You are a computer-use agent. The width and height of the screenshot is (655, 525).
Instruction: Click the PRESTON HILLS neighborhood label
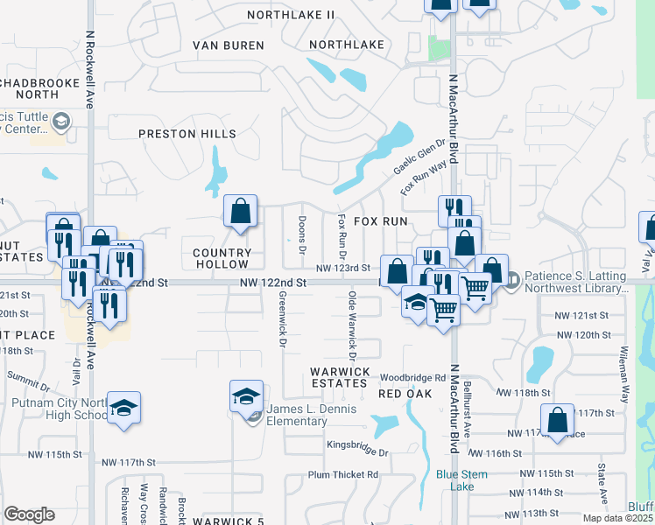[187, 134]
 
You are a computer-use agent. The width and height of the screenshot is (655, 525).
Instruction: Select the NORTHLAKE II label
[291, 15]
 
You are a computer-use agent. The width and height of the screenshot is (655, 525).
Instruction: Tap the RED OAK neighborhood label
[405, 395]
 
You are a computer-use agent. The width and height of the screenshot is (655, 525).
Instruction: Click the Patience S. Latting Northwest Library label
[576, 282]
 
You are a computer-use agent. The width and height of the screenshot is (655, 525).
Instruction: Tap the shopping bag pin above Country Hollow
[239, 211]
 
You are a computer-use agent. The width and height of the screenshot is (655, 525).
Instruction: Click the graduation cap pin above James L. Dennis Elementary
[247, 396]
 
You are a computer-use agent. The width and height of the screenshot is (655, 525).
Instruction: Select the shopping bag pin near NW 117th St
[557, 421]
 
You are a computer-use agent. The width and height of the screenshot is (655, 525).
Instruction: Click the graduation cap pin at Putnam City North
[124, 408]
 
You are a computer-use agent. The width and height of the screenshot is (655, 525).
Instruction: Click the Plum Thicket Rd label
[342, 475]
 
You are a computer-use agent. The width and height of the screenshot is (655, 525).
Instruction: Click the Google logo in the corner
[29, 514]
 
